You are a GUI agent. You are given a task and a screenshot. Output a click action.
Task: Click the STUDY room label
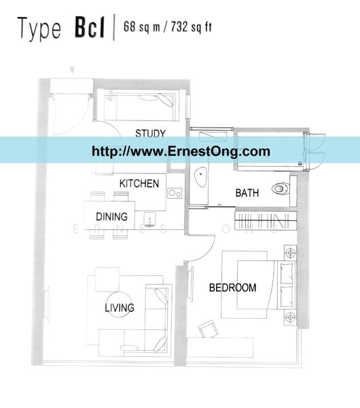click(150, 133)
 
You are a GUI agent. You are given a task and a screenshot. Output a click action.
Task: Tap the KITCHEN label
click(139, 184)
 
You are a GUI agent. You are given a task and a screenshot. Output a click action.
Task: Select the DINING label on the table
click(112, 216)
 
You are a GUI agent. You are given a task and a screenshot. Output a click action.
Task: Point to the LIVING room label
click(120, 308)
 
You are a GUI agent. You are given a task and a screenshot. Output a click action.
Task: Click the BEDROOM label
click(232, 288)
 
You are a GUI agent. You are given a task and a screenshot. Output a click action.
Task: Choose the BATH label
click(247, 193)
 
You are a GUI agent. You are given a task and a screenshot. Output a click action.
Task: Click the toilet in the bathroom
click(281, 188)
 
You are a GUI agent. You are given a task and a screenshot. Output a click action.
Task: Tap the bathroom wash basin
click(200, 177)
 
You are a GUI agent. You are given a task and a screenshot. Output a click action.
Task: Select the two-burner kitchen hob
click(175, 193)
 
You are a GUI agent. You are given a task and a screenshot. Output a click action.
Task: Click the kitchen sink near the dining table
click(150, 220)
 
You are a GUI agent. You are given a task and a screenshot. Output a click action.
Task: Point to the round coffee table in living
click(119, 305)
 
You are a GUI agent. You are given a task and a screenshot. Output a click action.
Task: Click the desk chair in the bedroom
click(209, 328)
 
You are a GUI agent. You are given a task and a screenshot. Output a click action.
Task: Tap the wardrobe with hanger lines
click(266, 220)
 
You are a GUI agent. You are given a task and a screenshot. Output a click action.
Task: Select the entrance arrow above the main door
click(73, 70)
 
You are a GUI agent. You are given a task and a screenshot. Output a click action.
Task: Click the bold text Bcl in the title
click(90, 28)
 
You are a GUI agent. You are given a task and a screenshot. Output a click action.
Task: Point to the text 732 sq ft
click(192, 27)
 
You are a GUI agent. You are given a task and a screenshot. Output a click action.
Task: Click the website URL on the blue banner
click(181, 151)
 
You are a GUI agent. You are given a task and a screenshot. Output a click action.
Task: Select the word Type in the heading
click(39, 29)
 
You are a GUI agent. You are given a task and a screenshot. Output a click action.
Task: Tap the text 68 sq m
click(142, 27)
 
